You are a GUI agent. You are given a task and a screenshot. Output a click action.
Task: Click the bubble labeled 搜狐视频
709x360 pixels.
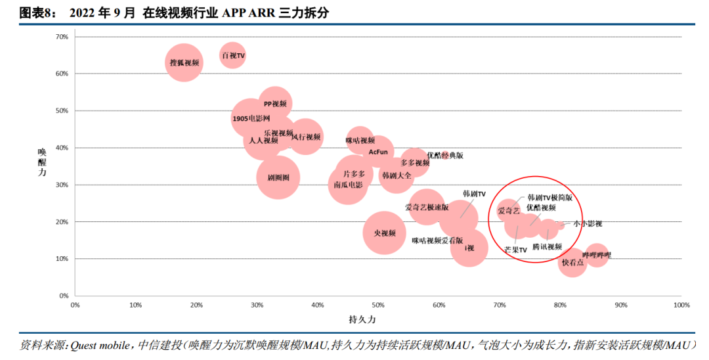point(184,62)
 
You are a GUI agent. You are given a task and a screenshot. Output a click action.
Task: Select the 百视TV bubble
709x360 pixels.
point(232,56)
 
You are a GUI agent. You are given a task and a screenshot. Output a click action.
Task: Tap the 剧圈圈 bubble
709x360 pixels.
point(278,177)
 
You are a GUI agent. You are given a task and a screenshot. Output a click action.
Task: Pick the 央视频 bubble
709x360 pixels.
point(385,233)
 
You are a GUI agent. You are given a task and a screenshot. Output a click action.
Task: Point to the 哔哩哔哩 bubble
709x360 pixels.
point(596,255)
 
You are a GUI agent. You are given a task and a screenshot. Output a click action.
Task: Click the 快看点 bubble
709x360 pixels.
point(572,262)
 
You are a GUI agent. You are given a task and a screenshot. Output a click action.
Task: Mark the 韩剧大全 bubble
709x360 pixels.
point(396,175)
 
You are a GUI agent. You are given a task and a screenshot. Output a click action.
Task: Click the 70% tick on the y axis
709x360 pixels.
point(62,37)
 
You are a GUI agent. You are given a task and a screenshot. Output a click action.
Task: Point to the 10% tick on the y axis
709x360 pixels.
point(62,259)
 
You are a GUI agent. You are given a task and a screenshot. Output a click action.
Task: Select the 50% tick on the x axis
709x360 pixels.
point(378,305)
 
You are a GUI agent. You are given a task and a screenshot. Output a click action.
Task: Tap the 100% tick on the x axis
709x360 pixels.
point(681,305)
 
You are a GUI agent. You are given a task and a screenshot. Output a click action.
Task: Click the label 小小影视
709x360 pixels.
point(587,224)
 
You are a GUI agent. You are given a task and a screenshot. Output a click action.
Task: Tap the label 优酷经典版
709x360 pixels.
point(445,156)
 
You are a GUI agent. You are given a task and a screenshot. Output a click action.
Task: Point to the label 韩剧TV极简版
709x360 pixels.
point(549,197)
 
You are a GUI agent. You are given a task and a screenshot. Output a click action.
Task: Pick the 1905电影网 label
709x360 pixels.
point(251,119)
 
